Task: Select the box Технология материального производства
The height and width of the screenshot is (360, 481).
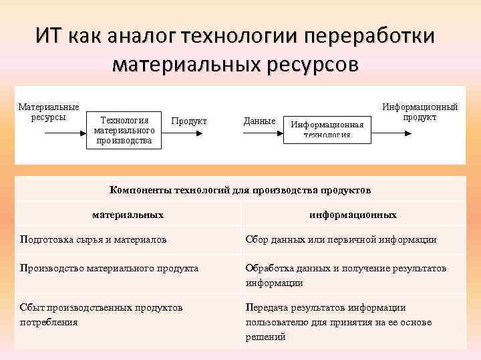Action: tap(124, 130)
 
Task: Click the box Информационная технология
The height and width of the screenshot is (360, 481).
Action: tap(327, 129)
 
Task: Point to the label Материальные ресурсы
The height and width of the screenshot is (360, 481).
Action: tap(48, 112)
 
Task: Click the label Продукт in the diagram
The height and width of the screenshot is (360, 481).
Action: tap(189, 121)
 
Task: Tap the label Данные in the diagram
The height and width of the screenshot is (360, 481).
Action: tap(259, 121)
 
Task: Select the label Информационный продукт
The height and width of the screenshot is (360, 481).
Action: tap(420, 111)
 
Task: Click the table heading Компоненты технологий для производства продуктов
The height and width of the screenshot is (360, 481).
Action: tap(240, 190)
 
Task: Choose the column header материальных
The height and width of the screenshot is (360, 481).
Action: tap(128, 215)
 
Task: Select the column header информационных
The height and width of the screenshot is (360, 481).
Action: tap(353, 215)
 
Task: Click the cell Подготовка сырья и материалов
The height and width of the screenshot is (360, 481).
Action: tap(94, 239)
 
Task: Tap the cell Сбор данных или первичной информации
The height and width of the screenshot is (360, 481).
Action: tap(341, 239)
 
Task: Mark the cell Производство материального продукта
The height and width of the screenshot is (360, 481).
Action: tap(109, 268)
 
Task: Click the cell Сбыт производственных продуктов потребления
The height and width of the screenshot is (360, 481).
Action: tap(101, 314)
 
